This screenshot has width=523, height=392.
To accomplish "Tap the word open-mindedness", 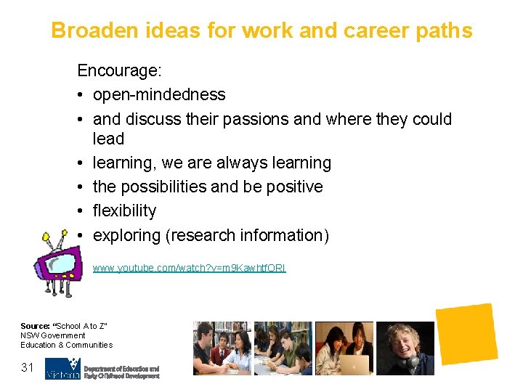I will [159, 94].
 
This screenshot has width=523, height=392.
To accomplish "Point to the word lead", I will [108, 139].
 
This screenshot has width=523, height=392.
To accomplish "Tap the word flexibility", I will [124, 211].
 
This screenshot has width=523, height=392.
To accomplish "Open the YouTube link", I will [189, 268].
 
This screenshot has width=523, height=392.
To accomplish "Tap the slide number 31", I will [28, 368].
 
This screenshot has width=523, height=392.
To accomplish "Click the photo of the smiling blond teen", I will [405, 348].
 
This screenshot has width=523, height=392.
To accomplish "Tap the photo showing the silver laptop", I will [344, 348].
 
